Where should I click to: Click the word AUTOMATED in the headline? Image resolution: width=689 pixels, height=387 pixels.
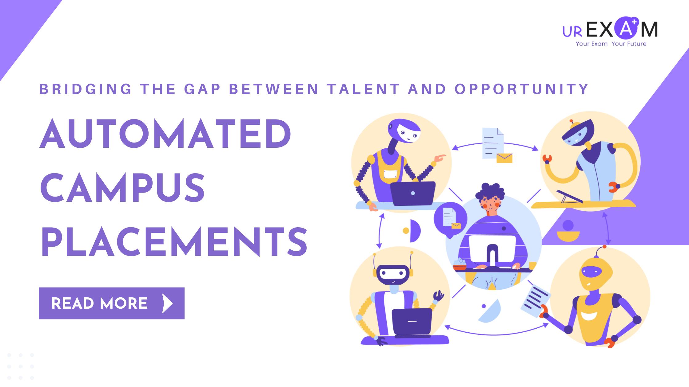[165, 133]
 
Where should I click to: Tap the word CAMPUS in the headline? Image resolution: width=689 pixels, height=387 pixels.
[122, 187]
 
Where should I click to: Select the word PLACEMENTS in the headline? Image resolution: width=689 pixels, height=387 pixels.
[174, 241]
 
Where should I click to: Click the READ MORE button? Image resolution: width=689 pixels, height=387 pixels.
[112, 303]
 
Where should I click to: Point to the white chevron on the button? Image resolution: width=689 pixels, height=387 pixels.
[167, 303]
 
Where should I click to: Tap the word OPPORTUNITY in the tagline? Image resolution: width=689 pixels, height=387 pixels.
[521, 89]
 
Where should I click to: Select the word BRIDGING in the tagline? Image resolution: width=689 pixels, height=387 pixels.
[86, 89]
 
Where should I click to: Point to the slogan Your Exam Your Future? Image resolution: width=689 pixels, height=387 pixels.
[611, 44]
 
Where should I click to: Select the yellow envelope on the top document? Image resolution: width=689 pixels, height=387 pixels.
[504, 158]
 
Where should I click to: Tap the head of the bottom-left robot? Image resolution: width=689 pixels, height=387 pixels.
[393, 274]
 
